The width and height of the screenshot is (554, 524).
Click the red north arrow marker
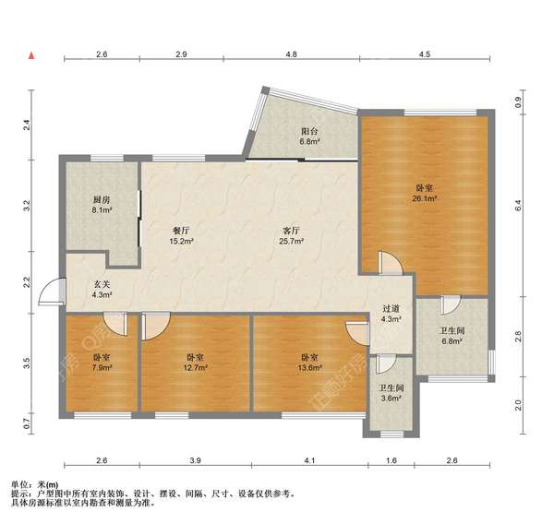tap(31, 55)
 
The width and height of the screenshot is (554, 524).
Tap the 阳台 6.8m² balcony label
tap(309, 137)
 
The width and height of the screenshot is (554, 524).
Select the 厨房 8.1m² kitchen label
tap(102, 205)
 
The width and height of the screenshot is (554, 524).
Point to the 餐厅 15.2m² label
tap(181, 236)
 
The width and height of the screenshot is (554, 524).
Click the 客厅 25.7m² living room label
tap(292, 236)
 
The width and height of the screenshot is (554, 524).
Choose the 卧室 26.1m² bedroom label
tap(425, 193)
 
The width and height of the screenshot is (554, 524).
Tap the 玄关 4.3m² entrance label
tap(102, 289)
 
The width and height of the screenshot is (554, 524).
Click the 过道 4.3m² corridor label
tap(391, 314)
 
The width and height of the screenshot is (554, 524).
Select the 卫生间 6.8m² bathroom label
tap(452, 336)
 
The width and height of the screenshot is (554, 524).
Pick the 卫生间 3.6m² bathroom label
tap(391, 393)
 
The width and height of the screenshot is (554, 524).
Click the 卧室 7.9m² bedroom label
tap(102, 363)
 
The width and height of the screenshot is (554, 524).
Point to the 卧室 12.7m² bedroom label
tap(195, 363)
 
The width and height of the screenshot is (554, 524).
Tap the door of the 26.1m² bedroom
tap(391, 263)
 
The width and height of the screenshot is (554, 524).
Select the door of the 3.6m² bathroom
tap(385, 364)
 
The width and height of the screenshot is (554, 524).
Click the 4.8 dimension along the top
tap(291, 54)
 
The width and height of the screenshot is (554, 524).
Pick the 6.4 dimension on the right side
tap(518, 206)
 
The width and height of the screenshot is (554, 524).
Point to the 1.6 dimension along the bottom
tap(391, 460)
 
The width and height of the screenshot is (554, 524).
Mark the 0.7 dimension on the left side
tap(27, 423)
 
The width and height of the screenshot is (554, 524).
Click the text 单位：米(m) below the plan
tap(35, 485)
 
